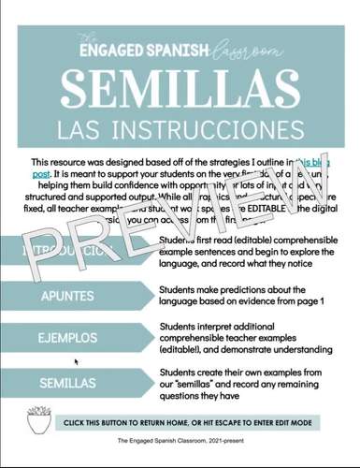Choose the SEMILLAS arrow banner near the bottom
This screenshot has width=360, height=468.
coord(70,383)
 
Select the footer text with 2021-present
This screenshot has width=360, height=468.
coord(180,451)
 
